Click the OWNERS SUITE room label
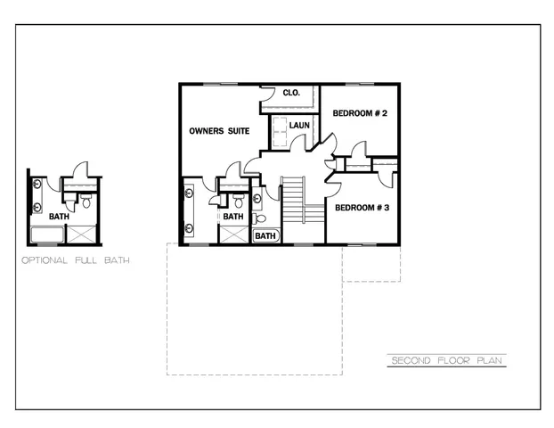pyautogui.click(x=219, y=131)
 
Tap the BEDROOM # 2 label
pyautogui.click(x=360, y=113)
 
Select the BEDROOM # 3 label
pyautogui.click(x=362, y=208)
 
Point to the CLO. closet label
pyautogui.click(x=291, y=93)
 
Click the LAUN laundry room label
pyautogui.click(x=299, y=126)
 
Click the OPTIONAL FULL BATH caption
pyautogui.click(x=76, y=261)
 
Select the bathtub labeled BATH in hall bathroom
pyautogui.click(x=266, y=236)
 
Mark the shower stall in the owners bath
pyautogui.click(x=233, y=235)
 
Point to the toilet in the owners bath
pyautogui.click(x=238, y=202)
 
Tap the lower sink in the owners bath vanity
pyautogui.click(x=188, y=227)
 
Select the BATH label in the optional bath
pyautogui.click(x=59, y=217)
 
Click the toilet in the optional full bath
pyautogui.click(x=86, y=203)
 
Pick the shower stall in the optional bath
pyautogui.click(x=83, y=235)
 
